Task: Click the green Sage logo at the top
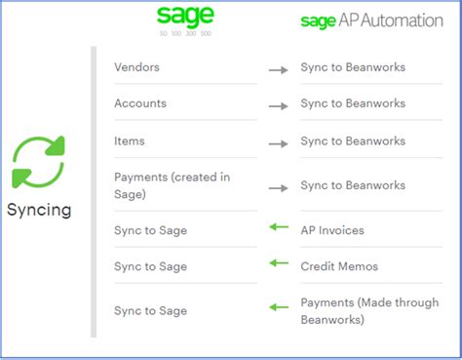click(x=185, y=17)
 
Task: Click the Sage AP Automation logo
click(x=371, y=20)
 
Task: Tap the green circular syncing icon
click(x=38, y=162)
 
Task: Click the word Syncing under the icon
click(x=39, y=210)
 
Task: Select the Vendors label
click(x=136, y=67)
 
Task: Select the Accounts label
click(x=140, y=103)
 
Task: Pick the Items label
click(x=130, y=141)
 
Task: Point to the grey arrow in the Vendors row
click(x=279, y=69)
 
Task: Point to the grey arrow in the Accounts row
click(x=279, y=105)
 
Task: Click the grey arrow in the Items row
click(x=279, y=143)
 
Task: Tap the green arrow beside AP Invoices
click(x=280, y=227)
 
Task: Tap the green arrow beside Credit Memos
click(x=280, y=262)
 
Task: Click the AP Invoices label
click(x=333, y=229)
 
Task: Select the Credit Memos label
click(x=339, y=266)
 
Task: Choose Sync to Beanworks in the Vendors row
click(x=353, y=67)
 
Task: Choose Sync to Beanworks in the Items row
click(x=353, y=141)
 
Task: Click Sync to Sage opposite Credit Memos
click(x=150, y=266)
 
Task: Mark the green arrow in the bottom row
click(x=280, y=307)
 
